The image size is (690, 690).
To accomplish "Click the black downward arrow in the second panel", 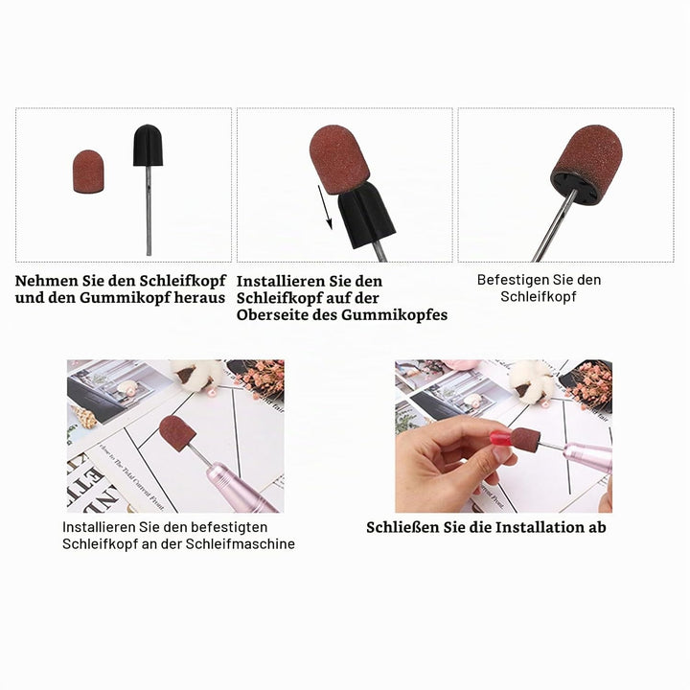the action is click(325, 207).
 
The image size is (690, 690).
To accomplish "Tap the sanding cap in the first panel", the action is click(88, 172).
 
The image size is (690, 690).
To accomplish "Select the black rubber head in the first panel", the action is click(148, 145).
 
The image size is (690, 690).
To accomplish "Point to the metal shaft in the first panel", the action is click(149, 210).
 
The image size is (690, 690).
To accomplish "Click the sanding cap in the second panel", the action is click(339, 159).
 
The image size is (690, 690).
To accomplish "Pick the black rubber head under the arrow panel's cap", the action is click(366, 216).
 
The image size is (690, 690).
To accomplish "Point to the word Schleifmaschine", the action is click(240, 543).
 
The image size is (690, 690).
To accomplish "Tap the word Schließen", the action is click(402, 527).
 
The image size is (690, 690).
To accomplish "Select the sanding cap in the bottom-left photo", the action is click(177, 434).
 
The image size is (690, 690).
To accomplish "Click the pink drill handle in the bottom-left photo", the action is click(241, 487).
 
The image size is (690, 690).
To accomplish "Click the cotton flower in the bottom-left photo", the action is click(195, 374).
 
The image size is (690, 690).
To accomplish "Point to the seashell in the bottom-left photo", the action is click(84, 416).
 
